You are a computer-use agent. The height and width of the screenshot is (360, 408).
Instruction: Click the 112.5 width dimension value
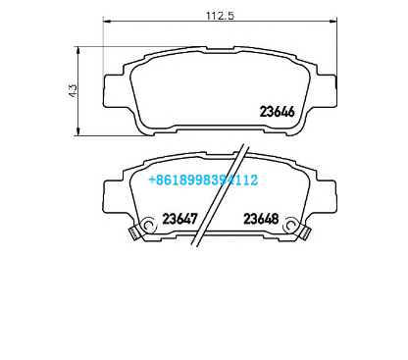coord(220,15)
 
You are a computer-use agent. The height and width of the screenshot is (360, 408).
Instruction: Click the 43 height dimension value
coord(73,90)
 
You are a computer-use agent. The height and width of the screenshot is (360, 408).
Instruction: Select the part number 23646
coord(278,112)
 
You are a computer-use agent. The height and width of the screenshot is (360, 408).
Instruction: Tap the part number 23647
coord(180,219)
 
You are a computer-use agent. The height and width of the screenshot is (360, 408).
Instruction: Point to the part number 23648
coord(261,219)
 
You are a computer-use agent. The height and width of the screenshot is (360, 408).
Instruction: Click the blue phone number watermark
coord(203,180)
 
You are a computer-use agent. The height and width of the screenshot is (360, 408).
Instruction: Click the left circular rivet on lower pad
coord(148,225)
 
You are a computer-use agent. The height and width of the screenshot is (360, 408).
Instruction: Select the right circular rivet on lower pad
coord(290,225)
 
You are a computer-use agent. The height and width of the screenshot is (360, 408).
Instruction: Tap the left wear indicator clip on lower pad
coord(133,232)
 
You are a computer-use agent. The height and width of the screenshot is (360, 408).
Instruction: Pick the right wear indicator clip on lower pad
coord(305,232)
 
